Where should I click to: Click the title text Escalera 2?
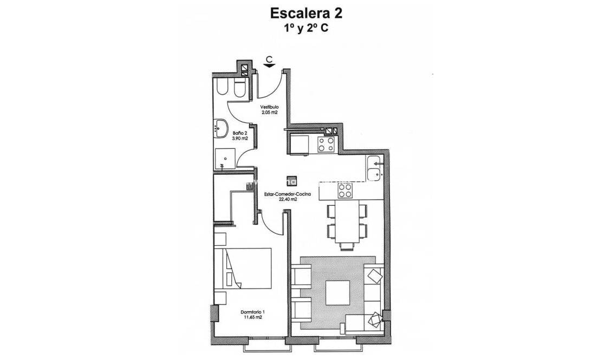click(x=305, y=12)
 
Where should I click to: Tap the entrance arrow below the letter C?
click(x=269, y=66)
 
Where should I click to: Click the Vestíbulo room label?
click(x=269, y=107)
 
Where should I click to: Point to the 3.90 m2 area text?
click(x=240, y=139)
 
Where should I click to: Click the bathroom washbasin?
click(x=222, y=129)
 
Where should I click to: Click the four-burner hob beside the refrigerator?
click(x=326, y=144)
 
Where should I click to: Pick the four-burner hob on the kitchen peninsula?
click(x=345, y=191)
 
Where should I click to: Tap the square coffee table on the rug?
click(x=337, y=292)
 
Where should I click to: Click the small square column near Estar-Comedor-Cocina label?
click(x=291, y=182)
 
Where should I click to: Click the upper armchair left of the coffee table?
click(x=302, y=276)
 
